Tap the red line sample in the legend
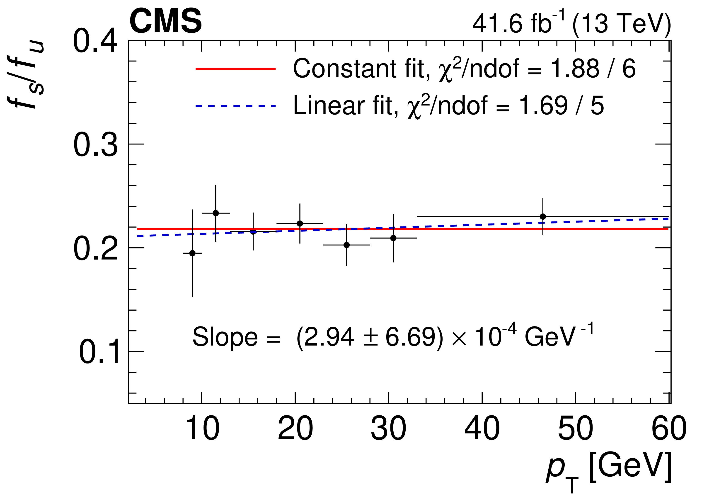click(x=235, y=69)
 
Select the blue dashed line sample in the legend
click(x=235, y=106)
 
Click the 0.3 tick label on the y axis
click(x=95, y=145)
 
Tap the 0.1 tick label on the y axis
click(x=99, y=352)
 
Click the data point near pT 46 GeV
click(x=543, y=216)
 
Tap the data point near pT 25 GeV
click(x=346, y=245)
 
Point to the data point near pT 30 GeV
click(x=393, y=238)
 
